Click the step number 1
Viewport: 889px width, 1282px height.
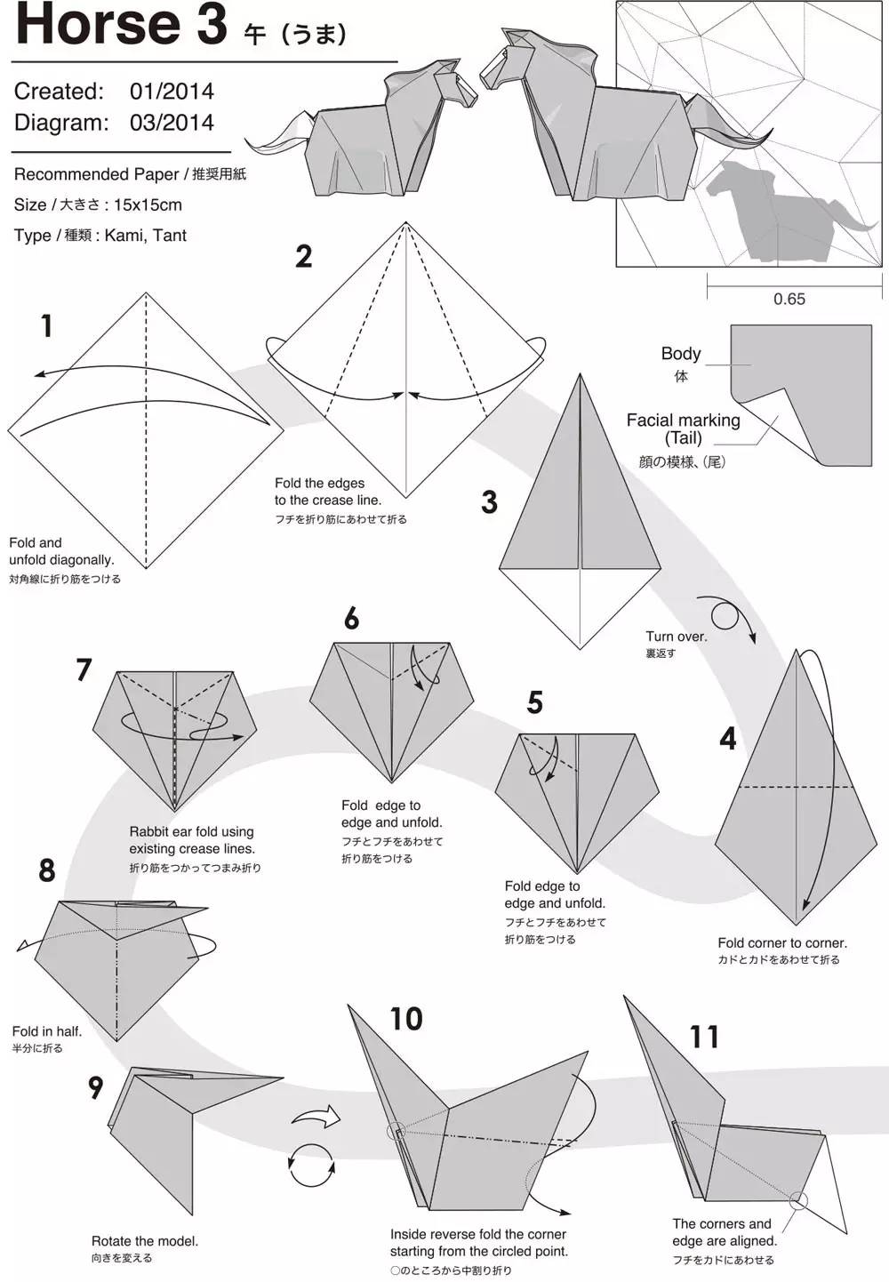(47, 326)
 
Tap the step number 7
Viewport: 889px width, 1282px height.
(84, 669)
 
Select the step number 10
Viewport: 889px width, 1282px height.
(406, 1018)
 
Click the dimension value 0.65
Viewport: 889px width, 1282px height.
(789, 299)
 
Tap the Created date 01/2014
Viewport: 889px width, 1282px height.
(172, 91)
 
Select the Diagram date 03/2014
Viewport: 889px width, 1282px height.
(172, 122)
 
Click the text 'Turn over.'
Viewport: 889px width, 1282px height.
(677, 637)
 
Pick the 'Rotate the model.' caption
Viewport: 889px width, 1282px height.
(145, 1241)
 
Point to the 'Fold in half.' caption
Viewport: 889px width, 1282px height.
(47, 1031)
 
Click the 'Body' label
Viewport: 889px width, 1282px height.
(681, 354)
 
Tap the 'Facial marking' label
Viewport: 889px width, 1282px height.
(684, 421)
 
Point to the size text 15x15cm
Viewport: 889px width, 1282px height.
(148, 204)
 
